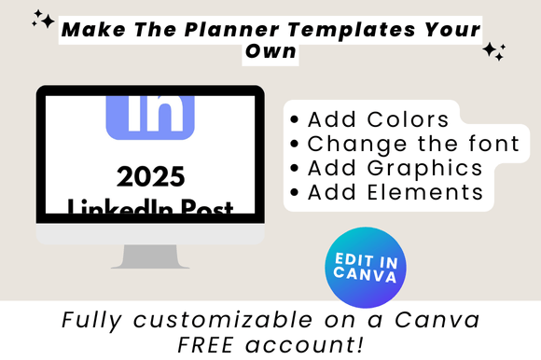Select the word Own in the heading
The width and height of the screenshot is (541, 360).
coord(270,52)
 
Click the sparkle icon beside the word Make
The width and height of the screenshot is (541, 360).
coord(43,19)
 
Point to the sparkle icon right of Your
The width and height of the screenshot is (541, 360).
coord(493,52)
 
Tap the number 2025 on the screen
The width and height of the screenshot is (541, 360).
coord(151,176)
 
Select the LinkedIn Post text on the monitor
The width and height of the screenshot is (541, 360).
coord(151,206)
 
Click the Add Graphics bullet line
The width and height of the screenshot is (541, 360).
coord(387,168)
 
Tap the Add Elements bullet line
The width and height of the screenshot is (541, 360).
coord(387,192)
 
